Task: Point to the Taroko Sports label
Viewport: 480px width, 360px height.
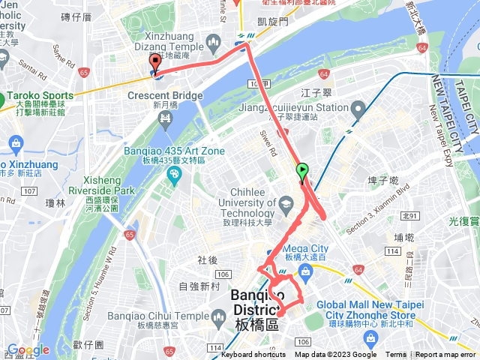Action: pos(41,96)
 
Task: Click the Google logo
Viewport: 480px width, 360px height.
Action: pos(28,349)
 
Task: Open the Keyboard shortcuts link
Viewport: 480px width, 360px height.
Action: pos(254,355)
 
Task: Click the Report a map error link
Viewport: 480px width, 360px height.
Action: pos(447,355)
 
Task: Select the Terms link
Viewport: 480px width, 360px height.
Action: pos(396,355)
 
